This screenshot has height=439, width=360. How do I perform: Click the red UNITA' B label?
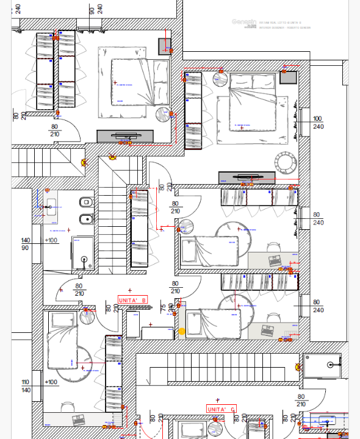[x=132, y=299]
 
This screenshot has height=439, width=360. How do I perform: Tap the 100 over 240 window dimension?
[x=317, y=123]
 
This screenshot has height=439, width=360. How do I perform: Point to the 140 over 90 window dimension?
[x=26, y=244]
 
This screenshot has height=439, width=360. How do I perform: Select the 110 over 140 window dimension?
[x=25, y=386]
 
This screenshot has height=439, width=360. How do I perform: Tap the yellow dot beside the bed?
[x=181, y=332]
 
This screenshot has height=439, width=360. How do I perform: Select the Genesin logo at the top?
[x=242, y=23]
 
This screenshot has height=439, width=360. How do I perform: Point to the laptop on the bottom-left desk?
[x=78, y=419]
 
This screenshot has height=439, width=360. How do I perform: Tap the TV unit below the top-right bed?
[x=245, y=177]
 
